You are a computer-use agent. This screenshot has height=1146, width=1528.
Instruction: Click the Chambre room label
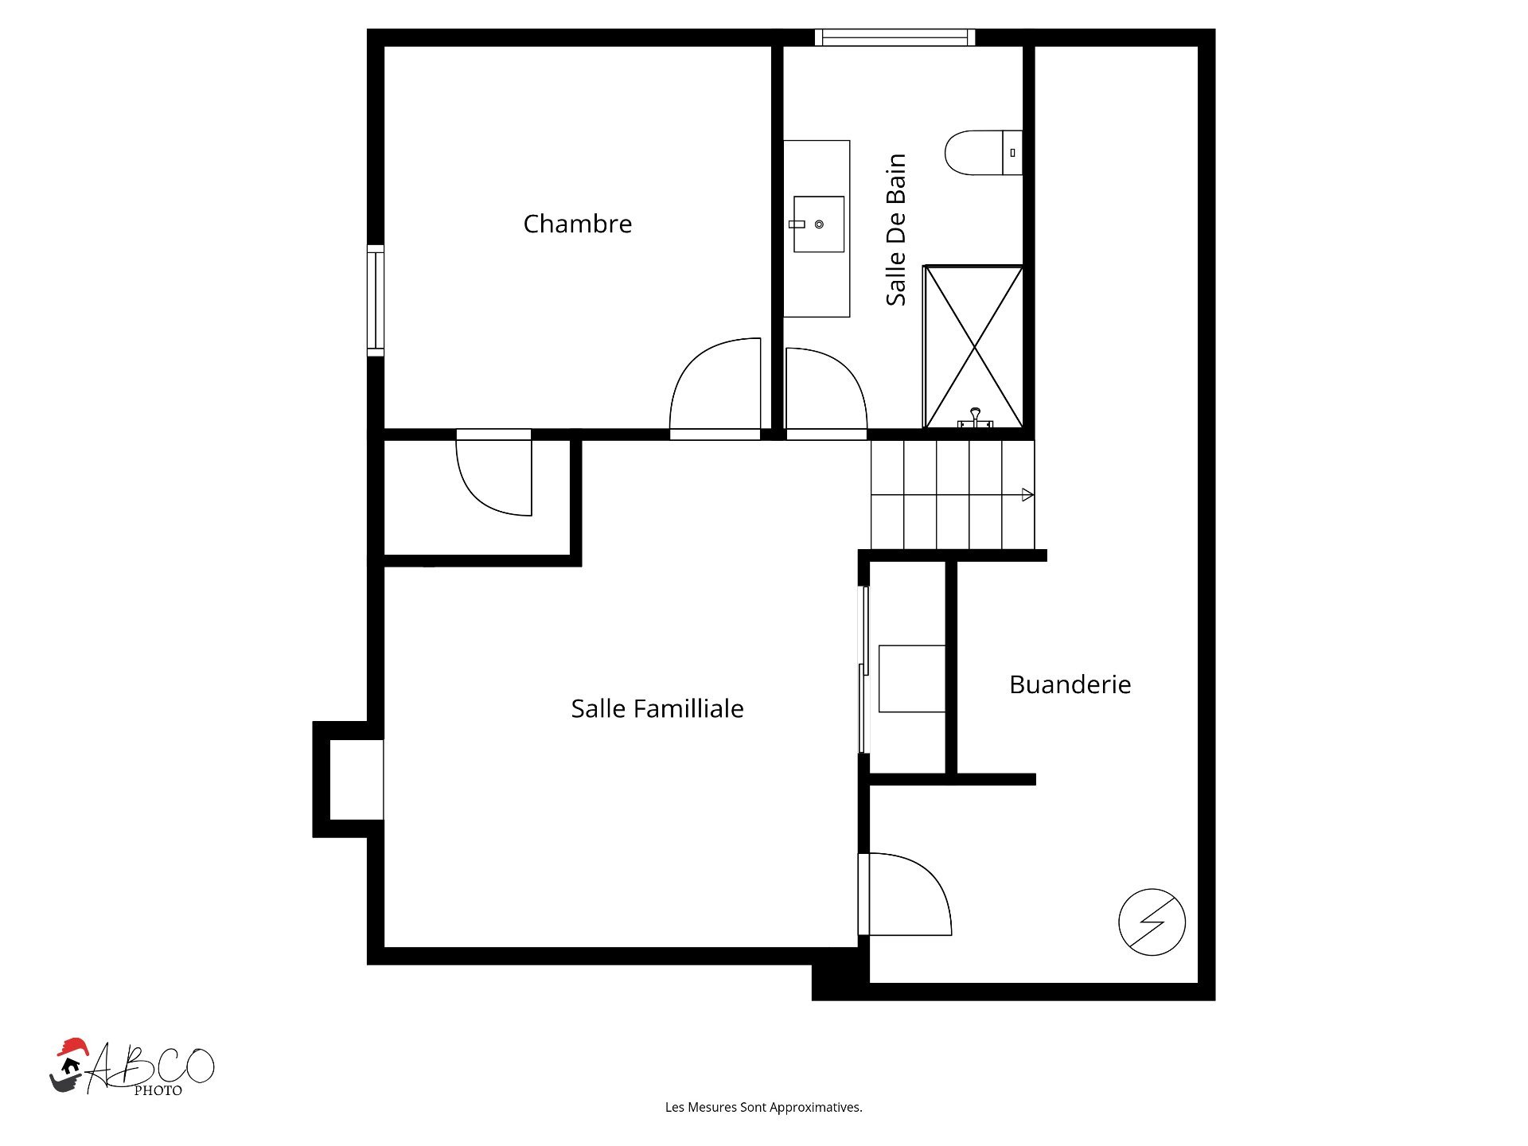point(577,224)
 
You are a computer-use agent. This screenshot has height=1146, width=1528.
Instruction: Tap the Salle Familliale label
point(657,708)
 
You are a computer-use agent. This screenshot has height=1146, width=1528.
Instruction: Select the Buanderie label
point(1070,684)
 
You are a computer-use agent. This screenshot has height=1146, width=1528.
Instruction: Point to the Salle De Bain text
point(896,229)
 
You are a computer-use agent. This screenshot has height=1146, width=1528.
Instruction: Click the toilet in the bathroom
point(983,153)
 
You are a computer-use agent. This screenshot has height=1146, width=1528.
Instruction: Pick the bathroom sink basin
point(819,224)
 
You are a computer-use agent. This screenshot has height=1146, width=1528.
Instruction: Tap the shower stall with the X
point(973,347)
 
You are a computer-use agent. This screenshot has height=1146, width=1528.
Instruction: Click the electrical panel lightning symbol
point(1152,922)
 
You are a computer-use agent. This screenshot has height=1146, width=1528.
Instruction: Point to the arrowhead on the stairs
point(1027,495)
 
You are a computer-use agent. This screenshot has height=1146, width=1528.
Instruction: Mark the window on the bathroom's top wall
point(895,37)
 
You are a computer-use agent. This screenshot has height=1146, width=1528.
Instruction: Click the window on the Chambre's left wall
point(376,301)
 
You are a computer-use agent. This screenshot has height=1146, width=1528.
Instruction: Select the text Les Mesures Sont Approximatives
point(764,1107)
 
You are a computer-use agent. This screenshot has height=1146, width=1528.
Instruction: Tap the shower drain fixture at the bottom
point(975,418)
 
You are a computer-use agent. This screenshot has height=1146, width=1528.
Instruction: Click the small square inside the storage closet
point(912,679)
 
